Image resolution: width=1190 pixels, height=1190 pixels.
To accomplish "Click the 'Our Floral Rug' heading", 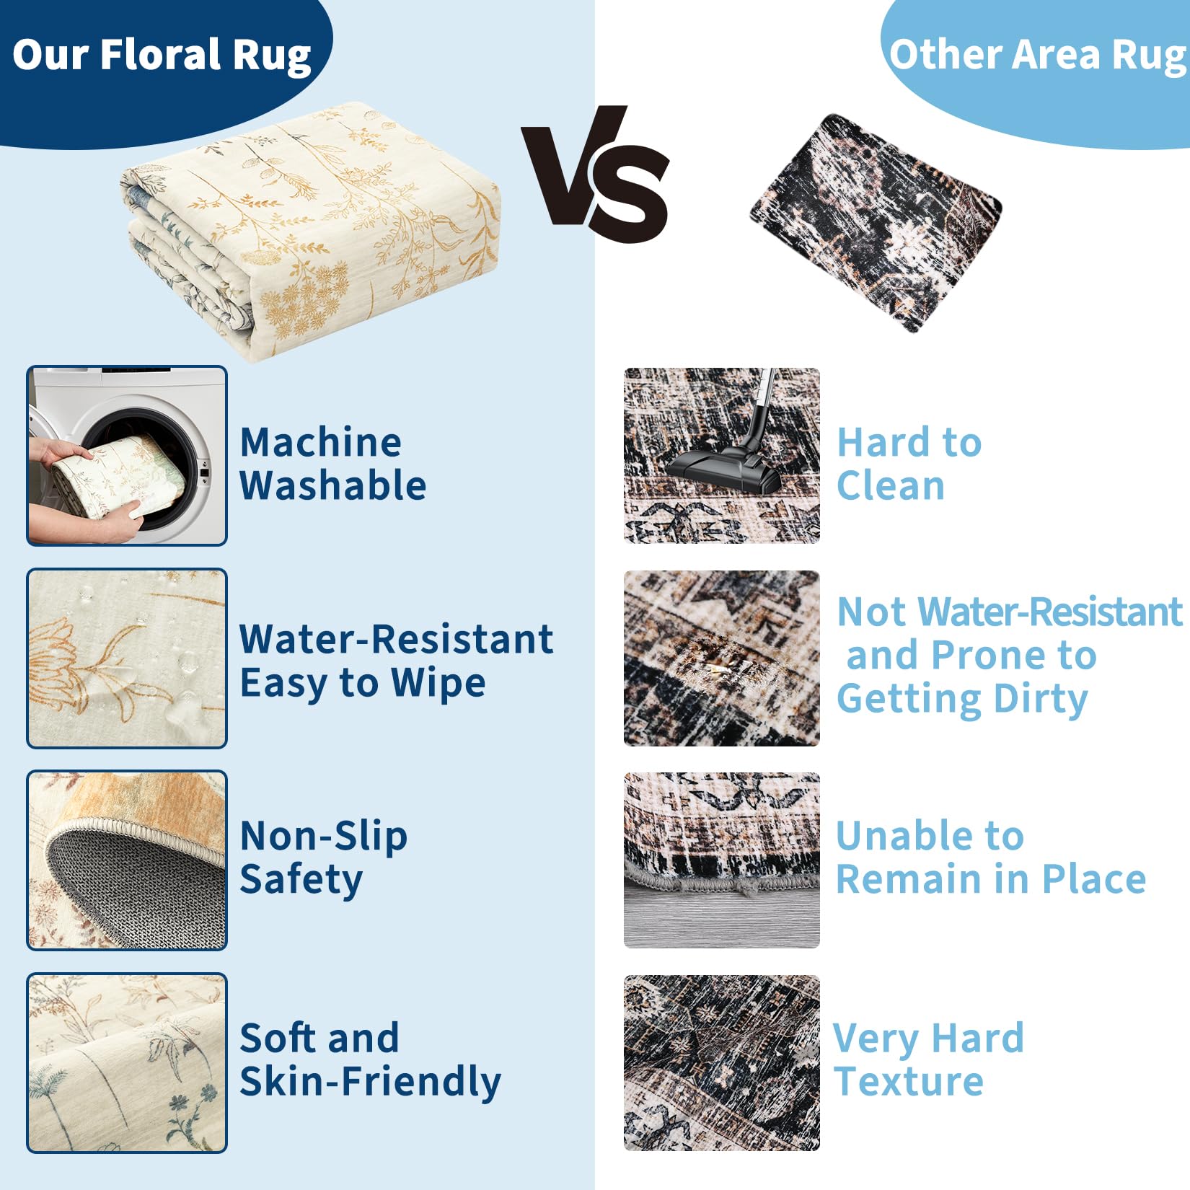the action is click(162, 56).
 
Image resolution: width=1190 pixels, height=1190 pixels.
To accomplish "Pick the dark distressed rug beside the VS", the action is click(876, 222).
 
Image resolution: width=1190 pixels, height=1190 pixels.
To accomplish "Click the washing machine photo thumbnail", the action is click(127, 456).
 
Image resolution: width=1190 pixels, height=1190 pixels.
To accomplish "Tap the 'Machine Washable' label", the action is click(332, 464).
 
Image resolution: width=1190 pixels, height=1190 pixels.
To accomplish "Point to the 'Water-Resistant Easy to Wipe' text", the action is click(397, 661).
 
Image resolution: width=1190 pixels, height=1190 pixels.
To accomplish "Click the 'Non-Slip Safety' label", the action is click(323, 858).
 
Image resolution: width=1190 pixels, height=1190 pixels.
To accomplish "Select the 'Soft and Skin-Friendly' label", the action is click(370, 1060).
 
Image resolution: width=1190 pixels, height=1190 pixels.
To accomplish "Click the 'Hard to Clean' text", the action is click(909, 464).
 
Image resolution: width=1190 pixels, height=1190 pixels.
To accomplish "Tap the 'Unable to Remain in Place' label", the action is click(991, 858).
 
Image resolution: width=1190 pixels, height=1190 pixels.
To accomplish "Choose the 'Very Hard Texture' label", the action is click(929, 1059).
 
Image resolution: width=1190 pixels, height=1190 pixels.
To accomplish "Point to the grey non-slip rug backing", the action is click(130, 887).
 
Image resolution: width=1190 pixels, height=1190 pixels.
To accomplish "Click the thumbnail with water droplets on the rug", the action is click(127, 658).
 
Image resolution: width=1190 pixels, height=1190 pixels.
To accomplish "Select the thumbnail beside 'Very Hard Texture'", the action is click(722, 1063).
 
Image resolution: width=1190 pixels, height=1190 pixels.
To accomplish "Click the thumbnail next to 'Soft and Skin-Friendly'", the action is click(127, 1063).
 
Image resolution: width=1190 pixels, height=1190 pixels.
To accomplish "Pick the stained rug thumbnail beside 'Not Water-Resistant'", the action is click(722, 658).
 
